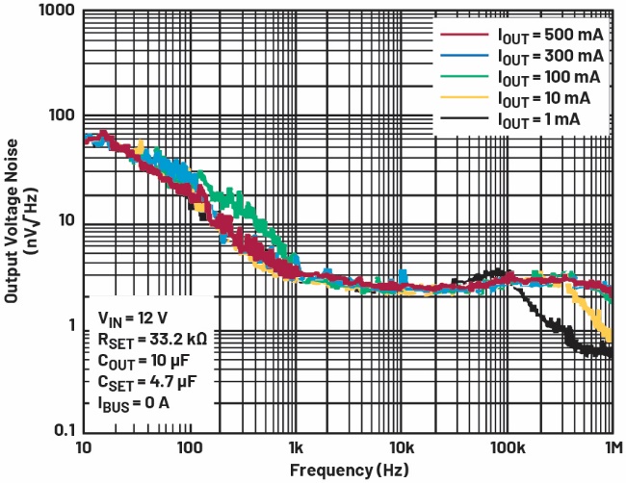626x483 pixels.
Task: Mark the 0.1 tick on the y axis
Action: pos(63,428)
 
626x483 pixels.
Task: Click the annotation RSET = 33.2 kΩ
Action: pos(152,338)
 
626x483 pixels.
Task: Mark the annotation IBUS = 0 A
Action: pos(133,401)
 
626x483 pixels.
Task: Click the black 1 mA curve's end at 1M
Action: pos(612,353)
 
